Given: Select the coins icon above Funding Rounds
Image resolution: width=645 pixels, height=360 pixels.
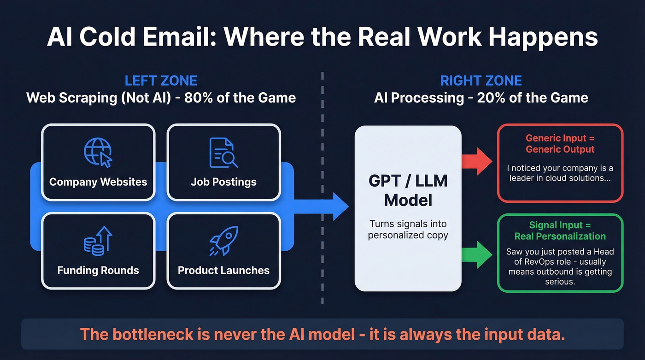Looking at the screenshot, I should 98,241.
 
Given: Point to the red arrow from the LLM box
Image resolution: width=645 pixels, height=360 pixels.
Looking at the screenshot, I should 477,161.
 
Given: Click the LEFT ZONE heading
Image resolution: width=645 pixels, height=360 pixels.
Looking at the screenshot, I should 161,81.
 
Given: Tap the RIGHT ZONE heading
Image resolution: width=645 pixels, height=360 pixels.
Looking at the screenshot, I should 481,81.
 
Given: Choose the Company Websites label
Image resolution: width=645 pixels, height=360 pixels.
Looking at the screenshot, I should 98,182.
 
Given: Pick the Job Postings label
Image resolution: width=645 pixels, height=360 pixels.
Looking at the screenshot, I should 223,182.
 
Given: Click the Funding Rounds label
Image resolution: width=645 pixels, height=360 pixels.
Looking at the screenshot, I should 98,270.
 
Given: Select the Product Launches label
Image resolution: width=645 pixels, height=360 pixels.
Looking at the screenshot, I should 223,270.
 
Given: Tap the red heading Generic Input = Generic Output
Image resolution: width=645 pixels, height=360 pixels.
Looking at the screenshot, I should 560,143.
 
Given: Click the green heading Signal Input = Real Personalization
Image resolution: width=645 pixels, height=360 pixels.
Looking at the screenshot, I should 560,230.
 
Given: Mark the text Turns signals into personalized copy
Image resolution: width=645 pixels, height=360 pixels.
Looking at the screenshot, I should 408,230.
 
